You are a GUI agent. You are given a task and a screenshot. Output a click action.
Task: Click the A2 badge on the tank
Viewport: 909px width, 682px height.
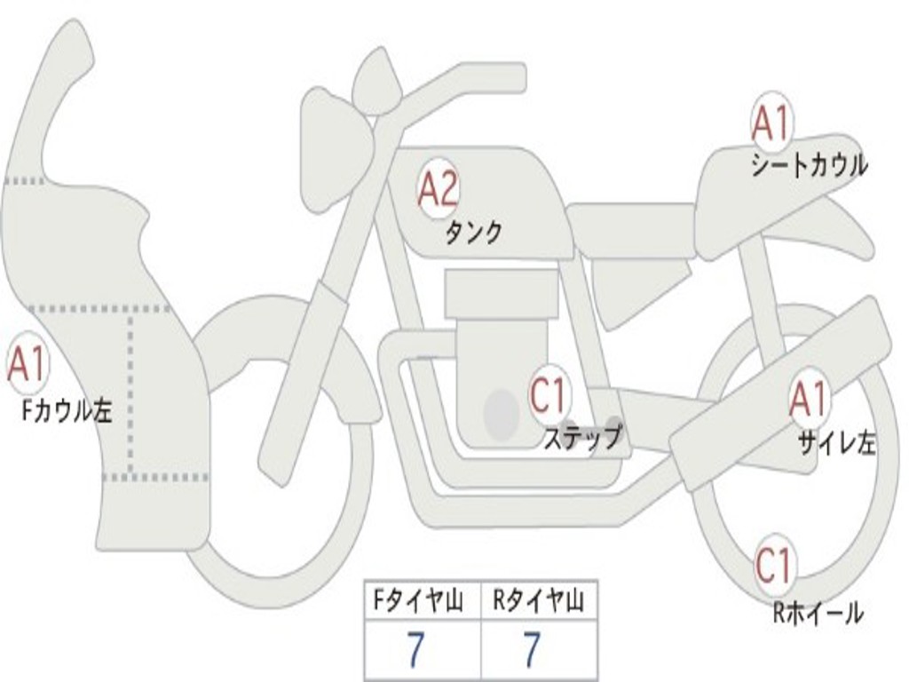tap(439, 189)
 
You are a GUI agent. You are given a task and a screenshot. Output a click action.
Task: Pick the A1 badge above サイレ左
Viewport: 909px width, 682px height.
tap(809, 400)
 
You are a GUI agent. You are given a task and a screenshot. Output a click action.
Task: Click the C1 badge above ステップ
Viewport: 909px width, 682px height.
tap(547, 395)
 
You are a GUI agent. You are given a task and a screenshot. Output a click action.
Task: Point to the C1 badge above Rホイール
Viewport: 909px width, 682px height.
tap(773, 565)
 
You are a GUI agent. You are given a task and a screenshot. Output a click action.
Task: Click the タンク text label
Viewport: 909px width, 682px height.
tap(473, 233)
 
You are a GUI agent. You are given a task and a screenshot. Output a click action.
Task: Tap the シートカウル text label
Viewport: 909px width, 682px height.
tap(809, 165)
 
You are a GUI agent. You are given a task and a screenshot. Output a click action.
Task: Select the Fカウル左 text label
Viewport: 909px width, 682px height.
tap(67, 409)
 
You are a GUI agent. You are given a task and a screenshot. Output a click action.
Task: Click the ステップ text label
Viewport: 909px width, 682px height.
tap(582, 437)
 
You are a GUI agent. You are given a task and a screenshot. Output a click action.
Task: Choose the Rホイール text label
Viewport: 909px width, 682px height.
tap(818, 612)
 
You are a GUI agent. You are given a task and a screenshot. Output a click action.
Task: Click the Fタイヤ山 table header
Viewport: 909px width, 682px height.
tap(417, 603)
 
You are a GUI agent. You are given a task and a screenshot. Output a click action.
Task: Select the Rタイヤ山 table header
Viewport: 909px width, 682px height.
tap(538, 603)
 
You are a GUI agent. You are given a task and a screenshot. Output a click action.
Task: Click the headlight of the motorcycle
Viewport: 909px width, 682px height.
tap(333, 138)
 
